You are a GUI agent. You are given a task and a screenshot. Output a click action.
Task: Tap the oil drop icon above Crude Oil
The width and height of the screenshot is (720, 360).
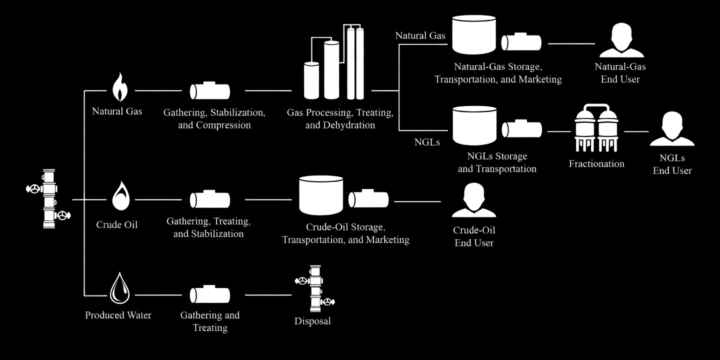(119, 196)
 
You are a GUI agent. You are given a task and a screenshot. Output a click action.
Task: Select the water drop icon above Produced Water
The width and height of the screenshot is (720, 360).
(119, 288)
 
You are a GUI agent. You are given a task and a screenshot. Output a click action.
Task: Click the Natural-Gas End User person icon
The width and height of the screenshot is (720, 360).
(621, 41)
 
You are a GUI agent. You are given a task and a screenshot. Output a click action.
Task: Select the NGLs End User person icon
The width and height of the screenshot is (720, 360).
(672, 129)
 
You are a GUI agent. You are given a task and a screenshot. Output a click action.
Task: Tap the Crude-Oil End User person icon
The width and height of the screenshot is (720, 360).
(473, 200)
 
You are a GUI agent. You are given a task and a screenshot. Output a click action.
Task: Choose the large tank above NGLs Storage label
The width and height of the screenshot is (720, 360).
(474, 125)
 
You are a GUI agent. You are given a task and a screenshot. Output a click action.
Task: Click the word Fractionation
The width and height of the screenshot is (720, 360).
(596, 163)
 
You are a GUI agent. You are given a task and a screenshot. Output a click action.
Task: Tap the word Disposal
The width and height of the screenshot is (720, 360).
(312, 321)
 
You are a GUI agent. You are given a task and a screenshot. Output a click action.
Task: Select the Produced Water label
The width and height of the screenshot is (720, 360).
(118, 315)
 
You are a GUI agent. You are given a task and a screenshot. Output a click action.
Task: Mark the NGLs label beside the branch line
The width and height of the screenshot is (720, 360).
(427, 142)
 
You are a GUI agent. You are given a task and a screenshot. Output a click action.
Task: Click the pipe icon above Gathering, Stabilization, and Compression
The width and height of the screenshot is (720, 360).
(210, 91)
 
